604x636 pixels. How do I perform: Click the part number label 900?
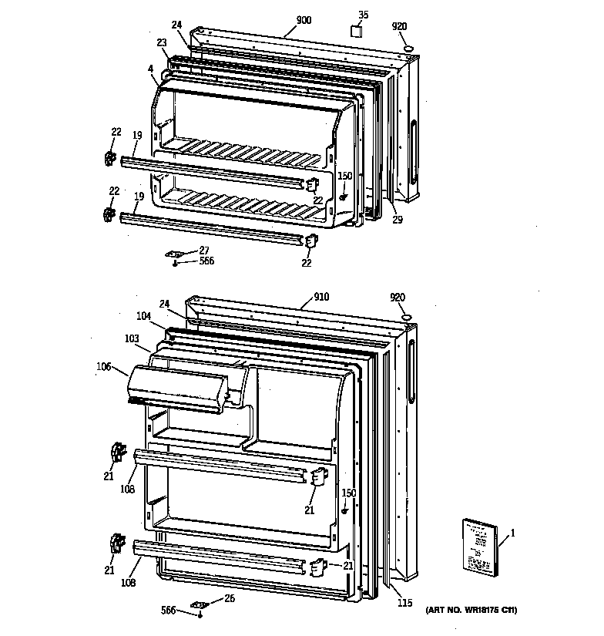304,21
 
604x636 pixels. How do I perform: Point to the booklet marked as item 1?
479,546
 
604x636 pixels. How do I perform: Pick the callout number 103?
133,338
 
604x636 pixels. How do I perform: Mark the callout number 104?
143,317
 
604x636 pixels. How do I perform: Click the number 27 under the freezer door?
204,250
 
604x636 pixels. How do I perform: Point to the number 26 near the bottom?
228,598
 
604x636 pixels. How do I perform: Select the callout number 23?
161,43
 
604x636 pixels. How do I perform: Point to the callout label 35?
364,14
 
